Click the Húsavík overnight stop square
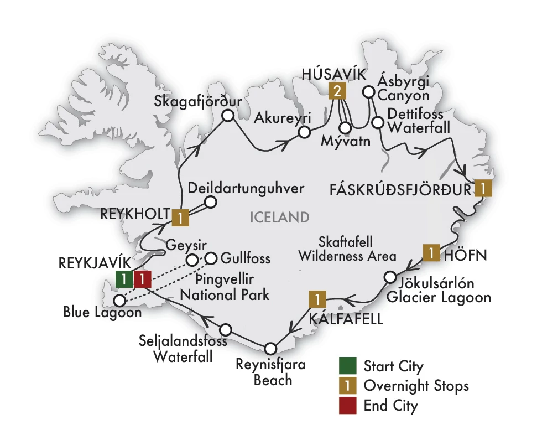point(335,92)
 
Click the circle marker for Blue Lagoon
point(119,301)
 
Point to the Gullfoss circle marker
point(211,258)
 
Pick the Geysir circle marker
point(191,260)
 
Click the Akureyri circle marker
point(303,132)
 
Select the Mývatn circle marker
point(345,128)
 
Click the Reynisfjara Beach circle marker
point(270,349)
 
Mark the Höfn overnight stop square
point(431,252)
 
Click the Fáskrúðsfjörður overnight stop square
point(483,189)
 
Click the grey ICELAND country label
point(279,217)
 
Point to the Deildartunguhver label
point(246,188)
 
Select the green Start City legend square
point(347,366)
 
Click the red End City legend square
point(347,405)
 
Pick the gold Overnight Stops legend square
point(347,386)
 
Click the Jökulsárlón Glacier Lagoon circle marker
point(390,277)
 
